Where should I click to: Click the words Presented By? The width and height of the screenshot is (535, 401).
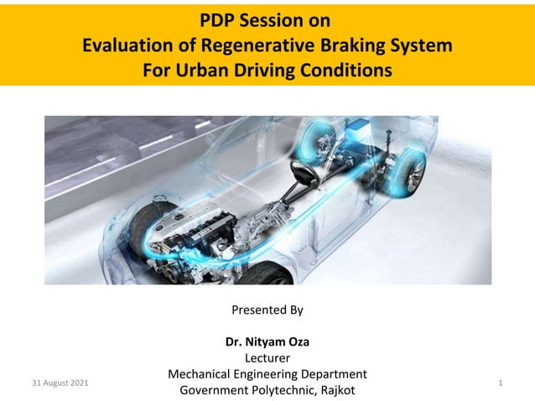[267, 310]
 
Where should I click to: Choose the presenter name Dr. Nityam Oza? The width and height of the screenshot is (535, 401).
[267, 342]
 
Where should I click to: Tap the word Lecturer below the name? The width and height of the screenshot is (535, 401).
[267, 358]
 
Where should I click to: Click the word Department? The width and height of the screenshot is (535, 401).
[330, 374]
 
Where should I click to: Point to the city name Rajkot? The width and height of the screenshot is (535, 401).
[335, 390]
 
